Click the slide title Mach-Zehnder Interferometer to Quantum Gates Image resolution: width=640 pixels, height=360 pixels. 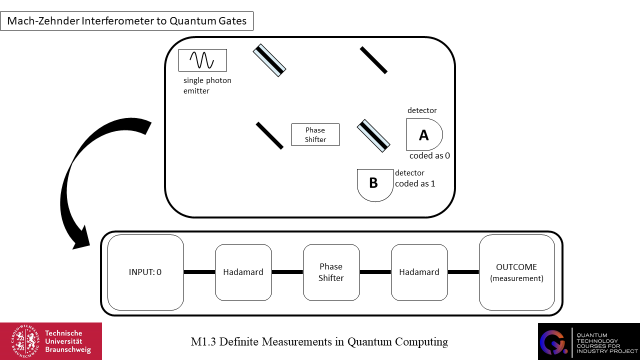(x=126, y=21)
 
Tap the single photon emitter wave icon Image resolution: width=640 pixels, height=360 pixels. (x=202, y=60)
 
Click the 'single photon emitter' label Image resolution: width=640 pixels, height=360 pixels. (x=207, y=85)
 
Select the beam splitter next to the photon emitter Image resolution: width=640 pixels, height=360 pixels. (x=269, y=60)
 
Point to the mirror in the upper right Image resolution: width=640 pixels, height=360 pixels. (x=373, y=60)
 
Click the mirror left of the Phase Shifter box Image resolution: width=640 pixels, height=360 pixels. (x=269, y=135)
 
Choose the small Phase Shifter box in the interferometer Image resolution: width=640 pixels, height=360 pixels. (x=315, y=134)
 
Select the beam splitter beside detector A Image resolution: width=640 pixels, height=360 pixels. (x=373, y=135)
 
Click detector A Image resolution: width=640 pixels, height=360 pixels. (x=424, y=134)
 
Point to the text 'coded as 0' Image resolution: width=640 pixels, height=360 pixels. (x=429, y=155)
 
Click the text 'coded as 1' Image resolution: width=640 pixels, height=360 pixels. (x=415, y=183)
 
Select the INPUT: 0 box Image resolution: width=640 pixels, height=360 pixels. (x=145, y=272)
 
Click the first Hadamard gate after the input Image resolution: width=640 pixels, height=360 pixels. (x=243, y=272)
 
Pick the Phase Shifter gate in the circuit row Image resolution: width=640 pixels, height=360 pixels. (x=331, y=272)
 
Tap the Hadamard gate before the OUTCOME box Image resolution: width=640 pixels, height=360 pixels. (x=419, y=272)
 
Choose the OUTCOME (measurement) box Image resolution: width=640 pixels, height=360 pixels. (x=516, y=272)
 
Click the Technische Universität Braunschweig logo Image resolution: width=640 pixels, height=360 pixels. (x=51, y=341)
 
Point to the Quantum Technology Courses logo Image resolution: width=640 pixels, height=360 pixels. (x=588, y=341)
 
